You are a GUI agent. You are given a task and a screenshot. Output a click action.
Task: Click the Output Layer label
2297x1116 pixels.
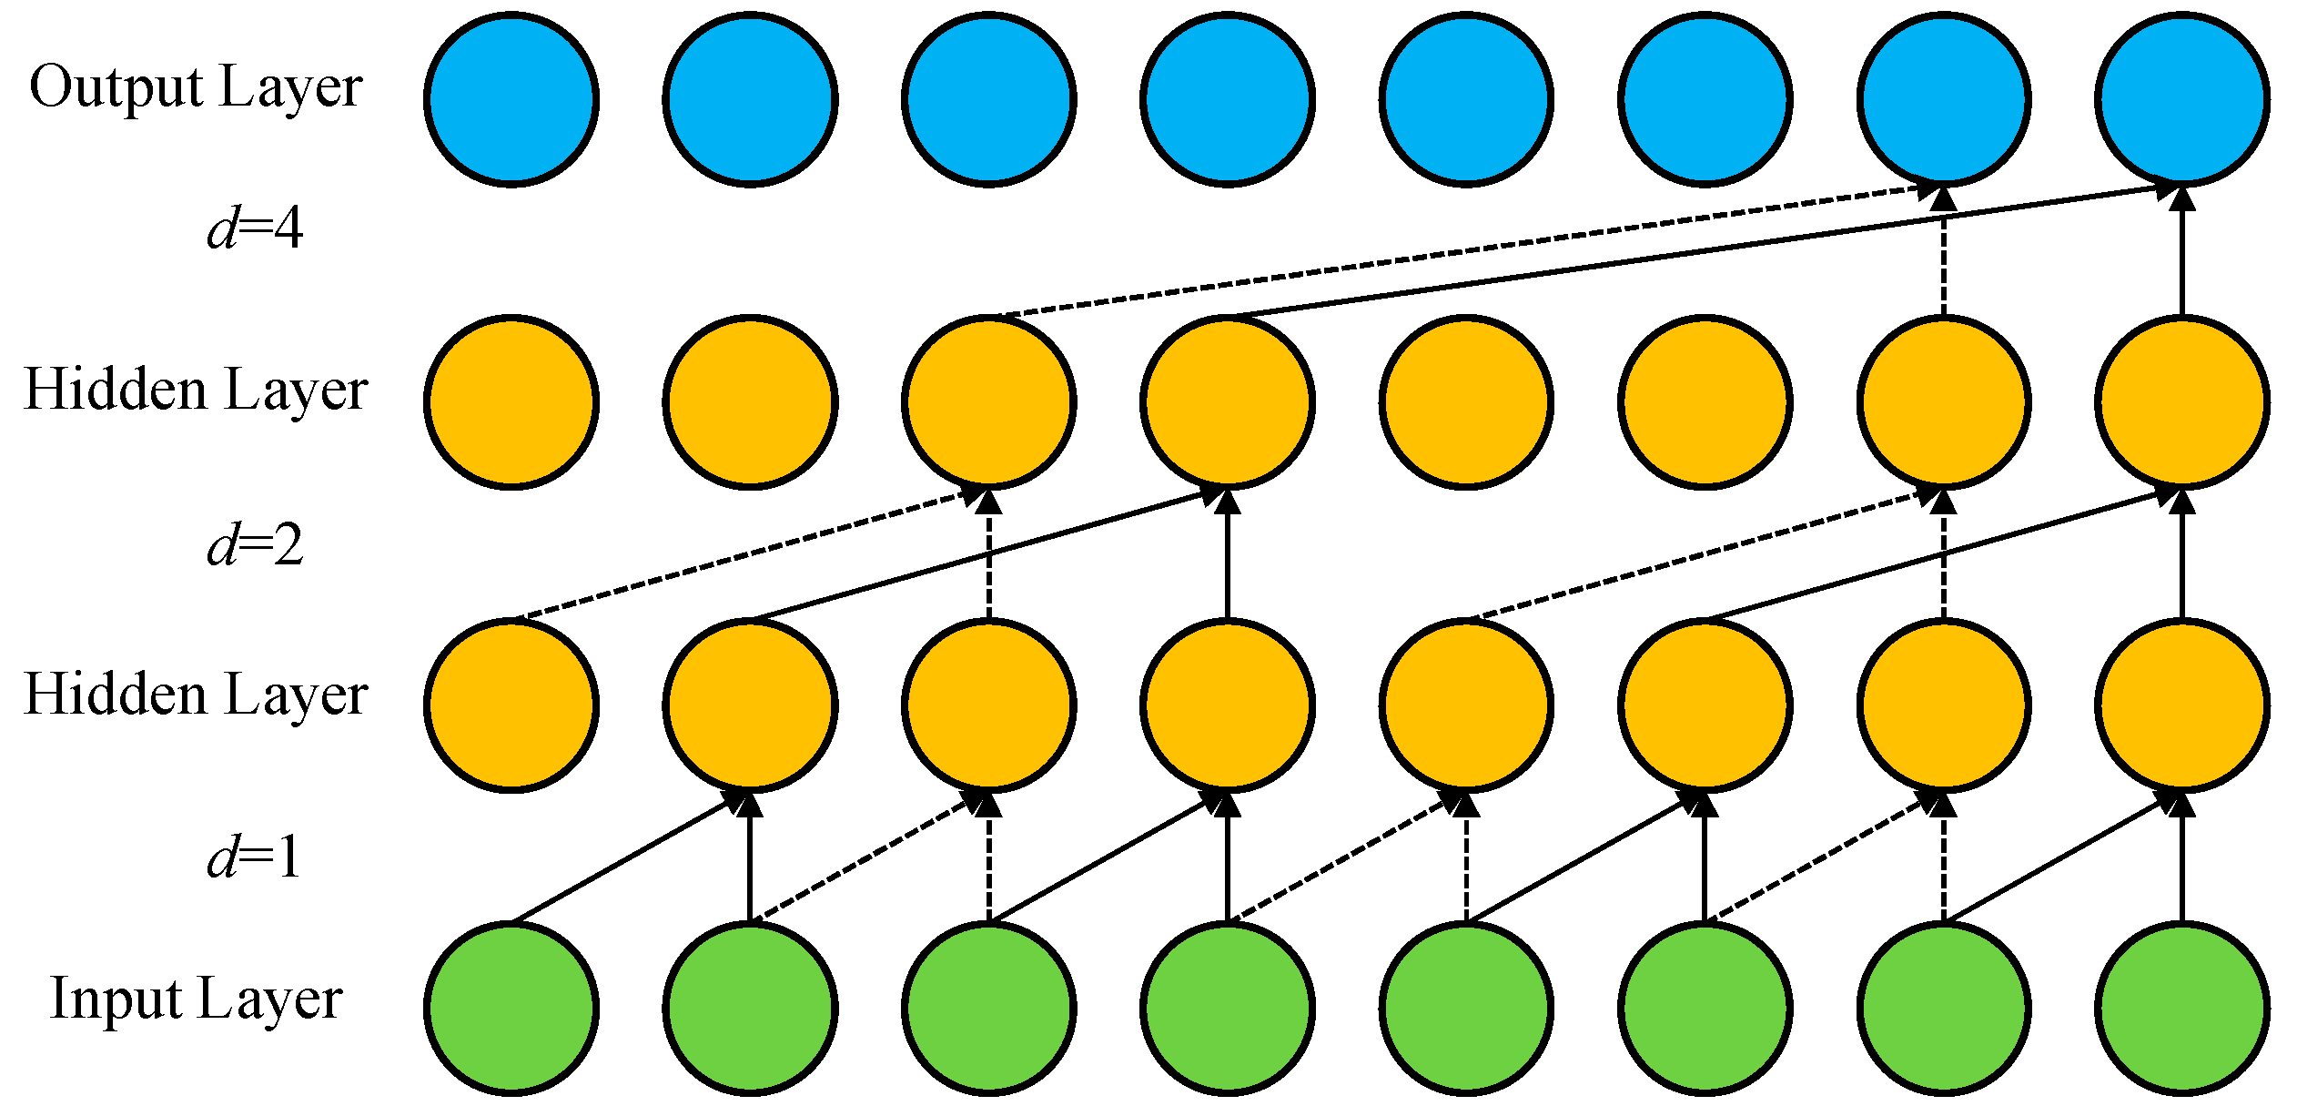pyautogui.click(x=196, y=88)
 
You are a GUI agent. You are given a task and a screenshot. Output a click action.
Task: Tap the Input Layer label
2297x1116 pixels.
pyautogui.click(x=196, y=999)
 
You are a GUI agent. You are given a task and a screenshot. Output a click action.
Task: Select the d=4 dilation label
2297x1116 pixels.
pyautogui.click(x=255, y=228)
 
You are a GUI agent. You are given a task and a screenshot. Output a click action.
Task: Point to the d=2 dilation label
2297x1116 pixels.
pyautogui.click(x=255, y=546)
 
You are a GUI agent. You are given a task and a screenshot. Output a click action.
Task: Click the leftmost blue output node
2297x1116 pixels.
pyautogui.click(x=511, y=98)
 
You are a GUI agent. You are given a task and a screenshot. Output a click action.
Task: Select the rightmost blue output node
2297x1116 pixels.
pyautogui.click(x=2182, y=98)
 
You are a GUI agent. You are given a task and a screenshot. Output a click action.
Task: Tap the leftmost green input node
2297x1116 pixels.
pyautogui.click(x=511, y=1009)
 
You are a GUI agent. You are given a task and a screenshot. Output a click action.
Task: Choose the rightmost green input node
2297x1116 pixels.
pyautogui.click(x=2182, y=1009)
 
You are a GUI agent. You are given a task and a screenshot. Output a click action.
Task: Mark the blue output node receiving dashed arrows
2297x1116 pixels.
pyautogui.click(x=1944, y=98)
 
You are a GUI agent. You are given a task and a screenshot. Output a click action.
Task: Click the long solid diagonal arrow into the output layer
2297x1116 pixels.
pyautogui.click(x=1702, y=253)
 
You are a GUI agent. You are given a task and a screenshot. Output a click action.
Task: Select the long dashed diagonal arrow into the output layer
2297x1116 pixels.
pyautogui.click(x=1456, y=253)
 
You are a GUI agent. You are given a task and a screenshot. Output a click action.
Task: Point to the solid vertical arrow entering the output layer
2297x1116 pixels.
pyautogui.click(x=2182, y=255)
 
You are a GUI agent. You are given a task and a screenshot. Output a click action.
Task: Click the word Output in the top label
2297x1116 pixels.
pyautogui.click(x=116, y=88)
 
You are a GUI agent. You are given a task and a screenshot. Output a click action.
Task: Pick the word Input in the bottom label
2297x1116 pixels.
pyautogui.click(x=116, y=999)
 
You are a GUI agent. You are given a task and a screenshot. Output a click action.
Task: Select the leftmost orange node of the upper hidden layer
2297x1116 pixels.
pyautogui.click(x=511, y=401)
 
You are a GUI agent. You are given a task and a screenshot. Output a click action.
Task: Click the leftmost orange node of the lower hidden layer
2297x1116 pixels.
pyautogui.click(x=511, y=705)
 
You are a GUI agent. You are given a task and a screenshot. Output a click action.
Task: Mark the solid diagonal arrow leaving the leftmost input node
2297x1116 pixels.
pyautogui.click(x=628, y=857)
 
